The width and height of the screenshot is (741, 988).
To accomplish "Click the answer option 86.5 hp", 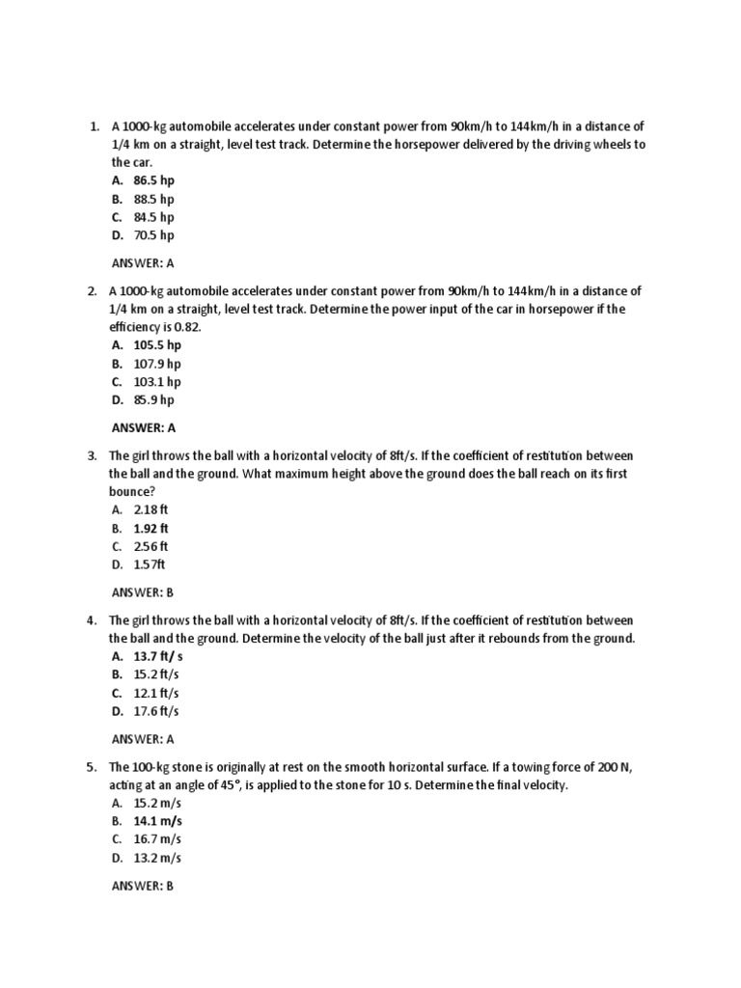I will tap(153, 180).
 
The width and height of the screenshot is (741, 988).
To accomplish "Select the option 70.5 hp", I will tap(153, 235).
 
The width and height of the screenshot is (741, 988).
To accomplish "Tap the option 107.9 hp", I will tap(157, 364).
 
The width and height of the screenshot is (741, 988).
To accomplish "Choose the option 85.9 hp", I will tap(153, 400).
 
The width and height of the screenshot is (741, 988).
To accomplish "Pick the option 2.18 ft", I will tap(151, 509).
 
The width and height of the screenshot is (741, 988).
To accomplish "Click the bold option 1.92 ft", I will tap(151, 529).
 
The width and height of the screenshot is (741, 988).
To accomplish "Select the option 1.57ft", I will tap(150, 565).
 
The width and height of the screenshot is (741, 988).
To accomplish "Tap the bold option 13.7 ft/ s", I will tap(157, 656).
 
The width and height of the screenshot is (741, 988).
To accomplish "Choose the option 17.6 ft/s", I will tap(156, 712).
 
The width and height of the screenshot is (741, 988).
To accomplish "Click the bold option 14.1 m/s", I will tap(157, 821).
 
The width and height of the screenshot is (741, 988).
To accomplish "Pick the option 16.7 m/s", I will tap(157, 839).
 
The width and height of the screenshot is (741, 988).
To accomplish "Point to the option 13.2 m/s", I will tap(157, 858).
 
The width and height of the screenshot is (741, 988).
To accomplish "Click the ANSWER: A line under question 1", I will tap(143, 262).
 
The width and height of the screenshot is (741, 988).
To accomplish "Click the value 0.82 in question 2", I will tap(185, 327).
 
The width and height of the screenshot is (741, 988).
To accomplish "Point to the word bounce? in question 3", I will tap(132, 491).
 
